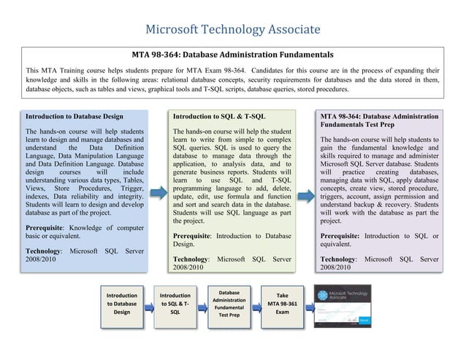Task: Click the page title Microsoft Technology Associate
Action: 233,30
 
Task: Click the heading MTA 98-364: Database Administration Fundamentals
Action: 232,54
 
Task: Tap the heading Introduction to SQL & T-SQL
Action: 219,116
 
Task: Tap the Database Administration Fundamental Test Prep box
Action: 229,303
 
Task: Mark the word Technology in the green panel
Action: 191,259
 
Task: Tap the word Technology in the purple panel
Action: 339,259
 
